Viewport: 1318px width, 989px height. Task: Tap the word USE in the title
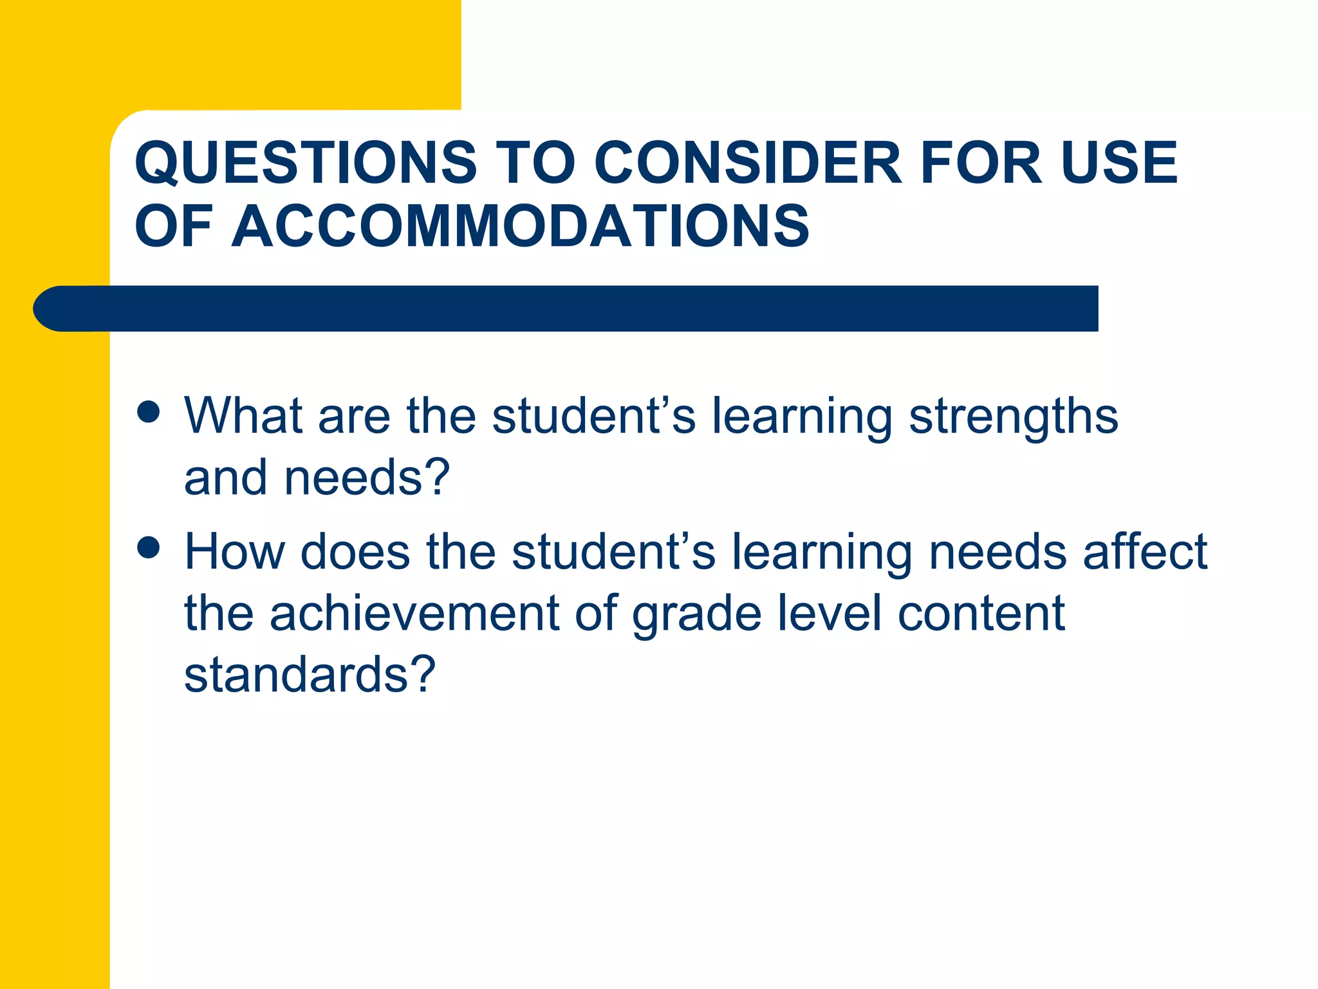1119,162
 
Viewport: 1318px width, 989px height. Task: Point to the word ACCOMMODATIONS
520,226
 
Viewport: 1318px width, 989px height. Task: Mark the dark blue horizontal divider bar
566,308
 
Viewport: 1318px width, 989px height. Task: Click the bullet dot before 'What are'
149,412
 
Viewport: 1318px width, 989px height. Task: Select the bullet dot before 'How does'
149,548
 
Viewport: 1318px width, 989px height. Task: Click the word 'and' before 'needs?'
225,478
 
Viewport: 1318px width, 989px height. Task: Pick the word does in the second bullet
355,552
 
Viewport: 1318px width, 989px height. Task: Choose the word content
981,614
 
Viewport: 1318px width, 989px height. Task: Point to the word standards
296,675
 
